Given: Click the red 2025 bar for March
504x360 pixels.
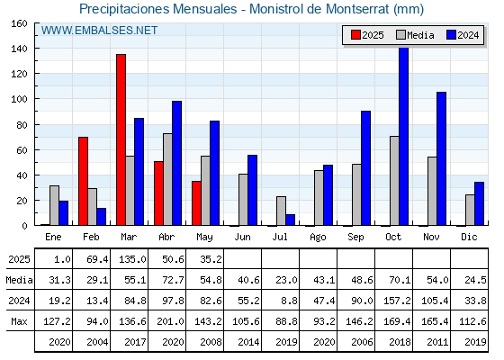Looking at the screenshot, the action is pos(121,139).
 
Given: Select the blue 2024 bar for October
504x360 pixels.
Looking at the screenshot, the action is pos(403,136).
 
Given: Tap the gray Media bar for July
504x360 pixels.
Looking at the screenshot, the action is pos(281,211).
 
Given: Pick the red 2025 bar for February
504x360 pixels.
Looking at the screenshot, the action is pos(83,181).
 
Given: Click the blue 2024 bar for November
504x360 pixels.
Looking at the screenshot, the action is pos(441,158).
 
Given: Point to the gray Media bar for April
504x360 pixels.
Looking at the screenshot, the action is pos(167,179).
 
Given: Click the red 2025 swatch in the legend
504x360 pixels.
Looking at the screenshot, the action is pos(355,35).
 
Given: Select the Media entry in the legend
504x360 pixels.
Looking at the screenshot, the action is pos(415,35).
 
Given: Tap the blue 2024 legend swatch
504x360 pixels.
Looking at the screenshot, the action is pos(451,35).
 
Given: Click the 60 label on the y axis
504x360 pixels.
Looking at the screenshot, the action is pos(22,150).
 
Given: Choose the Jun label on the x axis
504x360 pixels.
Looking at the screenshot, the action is pos(242,238).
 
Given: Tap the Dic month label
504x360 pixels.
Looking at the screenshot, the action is pos(469,237).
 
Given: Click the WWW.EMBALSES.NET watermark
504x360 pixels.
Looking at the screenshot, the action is pos(99,31).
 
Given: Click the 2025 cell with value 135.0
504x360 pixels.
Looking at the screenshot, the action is pos(130,259).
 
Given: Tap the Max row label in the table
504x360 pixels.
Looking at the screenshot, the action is pos(19,321).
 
